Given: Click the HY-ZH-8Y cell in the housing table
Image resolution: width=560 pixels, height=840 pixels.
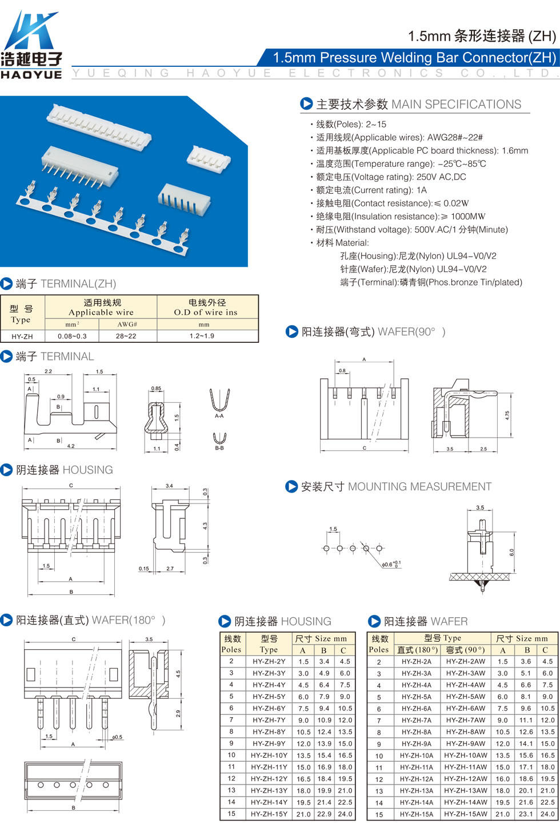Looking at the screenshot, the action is point(269,731).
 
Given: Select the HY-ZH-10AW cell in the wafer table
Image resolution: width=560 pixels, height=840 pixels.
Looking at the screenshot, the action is point(466,755).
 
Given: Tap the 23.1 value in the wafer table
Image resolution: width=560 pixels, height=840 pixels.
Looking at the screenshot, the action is point(526,814).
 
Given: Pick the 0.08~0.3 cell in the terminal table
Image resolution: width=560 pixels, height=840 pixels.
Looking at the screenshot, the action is point(72,336).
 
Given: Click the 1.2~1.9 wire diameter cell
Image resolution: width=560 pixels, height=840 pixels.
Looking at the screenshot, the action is point(202,336).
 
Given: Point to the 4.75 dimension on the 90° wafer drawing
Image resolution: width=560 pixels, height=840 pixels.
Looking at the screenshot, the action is point(507,415).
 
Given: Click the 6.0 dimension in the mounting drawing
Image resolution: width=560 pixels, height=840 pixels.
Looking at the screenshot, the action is point(511,553).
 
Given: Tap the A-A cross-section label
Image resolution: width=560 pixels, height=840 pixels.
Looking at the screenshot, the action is point(219,416).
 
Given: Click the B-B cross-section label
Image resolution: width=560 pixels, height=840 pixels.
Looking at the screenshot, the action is point(219,448).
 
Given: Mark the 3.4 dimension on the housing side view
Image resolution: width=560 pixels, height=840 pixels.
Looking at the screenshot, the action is point(169,486).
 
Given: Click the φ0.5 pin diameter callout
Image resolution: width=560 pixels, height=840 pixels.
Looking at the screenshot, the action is point(117,737).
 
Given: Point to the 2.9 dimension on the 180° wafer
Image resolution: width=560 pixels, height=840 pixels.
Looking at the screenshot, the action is point(178,714).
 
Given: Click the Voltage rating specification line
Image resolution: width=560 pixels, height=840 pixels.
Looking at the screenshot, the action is point(388,177).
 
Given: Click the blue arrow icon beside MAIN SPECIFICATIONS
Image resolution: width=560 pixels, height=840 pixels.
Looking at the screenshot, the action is point(306,103).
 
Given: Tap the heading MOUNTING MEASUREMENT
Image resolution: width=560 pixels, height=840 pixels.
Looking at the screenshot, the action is point(420,486).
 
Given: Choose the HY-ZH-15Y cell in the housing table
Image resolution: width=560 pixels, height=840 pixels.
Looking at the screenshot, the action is point(269,814).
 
